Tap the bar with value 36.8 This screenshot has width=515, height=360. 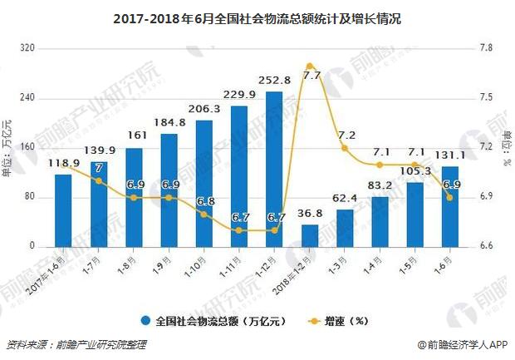(x=309, y=235)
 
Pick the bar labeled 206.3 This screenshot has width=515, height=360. (x=204, y=183)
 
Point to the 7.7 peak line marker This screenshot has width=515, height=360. (x=309, y=66)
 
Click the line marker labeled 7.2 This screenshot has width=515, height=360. (x=345, y=148)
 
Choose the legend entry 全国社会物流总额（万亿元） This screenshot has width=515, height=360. (x=208, y=320)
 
